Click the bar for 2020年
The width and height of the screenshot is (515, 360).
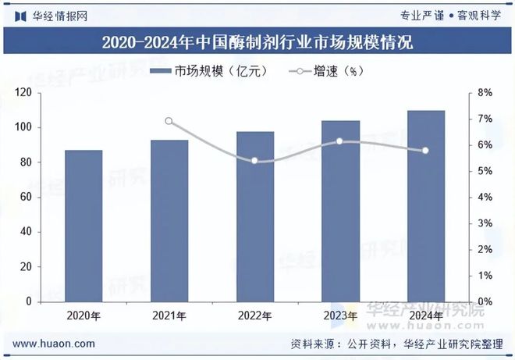(83, 226)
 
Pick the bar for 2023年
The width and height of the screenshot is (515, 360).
(341, 211)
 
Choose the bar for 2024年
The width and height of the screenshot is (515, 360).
(426, 206)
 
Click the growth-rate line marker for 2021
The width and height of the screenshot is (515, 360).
(169, 121)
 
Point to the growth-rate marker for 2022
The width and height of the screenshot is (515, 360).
(255, 161)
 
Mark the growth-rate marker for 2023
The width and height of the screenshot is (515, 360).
(340, 141)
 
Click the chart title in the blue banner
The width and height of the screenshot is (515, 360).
(257, 42)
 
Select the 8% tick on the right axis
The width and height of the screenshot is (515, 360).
(485, 93)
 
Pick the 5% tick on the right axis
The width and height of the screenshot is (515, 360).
(485, 171)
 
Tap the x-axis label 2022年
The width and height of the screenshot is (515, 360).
(255, 316)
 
